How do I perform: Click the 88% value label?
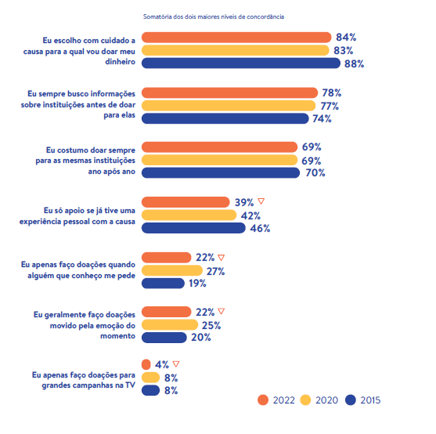[x=354, y=63]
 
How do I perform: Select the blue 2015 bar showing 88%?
[x=241, y=63]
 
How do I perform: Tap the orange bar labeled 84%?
[x=236, y=38]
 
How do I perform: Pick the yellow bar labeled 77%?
[x=229, y=106]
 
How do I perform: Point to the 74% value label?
[x=322, y=119]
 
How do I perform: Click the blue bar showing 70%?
[x=221, y=173]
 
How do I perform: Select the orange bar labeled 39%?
[x=186, y=202]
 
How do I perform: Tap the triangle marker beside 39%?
[x=261, y=201]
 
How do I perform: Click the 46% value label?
[x=260, y=229]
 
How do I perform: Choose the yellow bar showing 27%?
[x=172, y=270]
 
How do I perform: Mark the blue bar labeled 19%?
[x=163, y=284]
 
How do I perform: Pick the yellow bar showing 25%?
[x=170, y=324]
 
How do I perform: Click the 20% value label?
[x=200, y=338]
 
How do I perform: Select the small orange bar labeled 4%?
[x=146, y=364]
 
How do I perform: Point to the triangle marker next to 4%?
[x=176, y=363]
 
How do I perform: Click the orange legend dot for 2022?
[x=263, y=400]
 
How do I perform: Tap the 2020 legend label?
[x=326, y=400]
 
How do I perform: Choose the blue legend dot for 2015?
[x=351, y=400]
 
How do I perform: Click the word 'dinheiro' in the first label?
[x=120, y=62]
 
